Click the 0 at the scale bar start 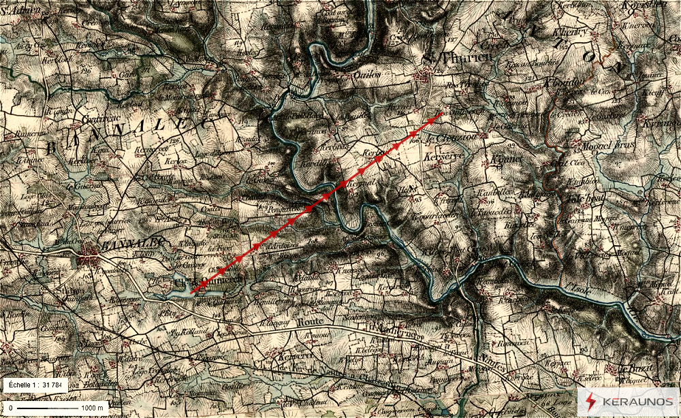(x=11, y=408)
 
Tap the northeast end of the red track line (x=443, y=112)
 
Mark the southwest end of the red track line (x=191, y=293)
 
